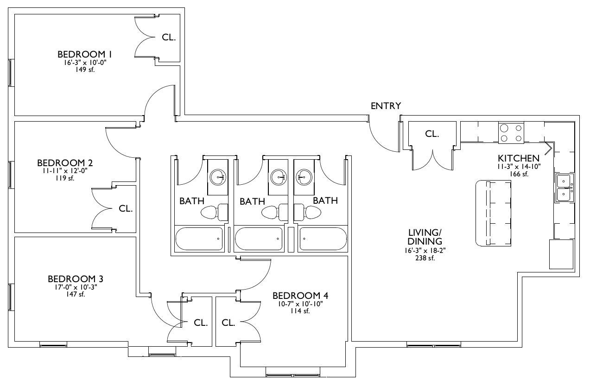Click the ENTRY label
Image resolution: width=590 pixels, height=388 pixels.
tap(386, 106)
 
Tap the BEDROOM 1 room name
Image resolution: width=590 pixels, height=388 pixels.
tap(84, 54)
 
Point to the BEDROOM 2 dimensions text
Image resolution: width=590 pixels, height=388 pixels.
tap(65, 171)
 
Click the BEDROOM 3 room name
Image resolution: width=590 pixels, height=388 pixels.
tap(76, 279)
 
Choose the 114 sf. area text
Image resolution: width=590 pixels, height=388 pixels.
tap(300, 311)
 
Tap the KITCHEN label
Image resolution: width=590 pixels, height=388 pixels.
tap(519, 158)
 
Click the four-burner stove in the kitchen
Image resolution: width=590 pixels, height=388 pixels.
tap(511, 133)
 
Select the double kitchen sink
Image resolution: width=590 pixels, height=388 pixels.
tap(564, 188)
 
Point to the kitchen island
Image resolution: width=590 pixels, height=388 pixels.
tap(493, 213)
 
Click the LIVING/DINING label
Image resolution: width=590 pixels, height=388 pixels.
tap(425, 237)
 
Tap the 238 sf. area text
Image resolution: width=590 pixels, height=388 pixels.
tap(425, 258)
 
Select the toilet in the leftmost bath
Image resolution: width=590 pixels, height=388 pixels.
tap(214, 212)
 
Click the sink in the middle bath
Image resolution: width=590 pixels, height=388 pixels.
tap(278, 177)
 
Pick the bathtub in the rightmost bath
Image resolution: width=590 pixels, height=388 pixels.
tap(323, 239)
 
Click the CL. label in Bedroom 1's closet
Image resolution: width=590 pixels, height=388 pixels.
tap(169, 37)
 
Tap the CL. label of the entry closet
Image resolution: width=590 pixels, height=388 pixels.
tap(432, 134)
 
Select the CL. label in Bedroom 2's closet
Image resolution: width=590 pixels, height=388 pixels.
tap(126, 209)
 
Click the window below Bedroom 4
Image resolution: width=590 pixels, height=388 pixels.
tap(292, 375)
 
